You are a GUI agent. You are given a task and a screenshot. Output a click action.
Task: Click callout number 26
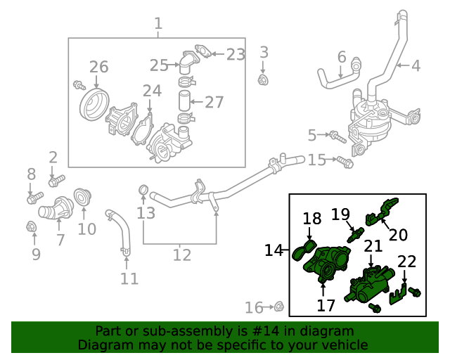tap(98, 67)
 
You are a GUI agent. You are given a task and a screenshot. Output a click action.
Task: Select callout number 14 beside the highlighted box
tap(274, 250)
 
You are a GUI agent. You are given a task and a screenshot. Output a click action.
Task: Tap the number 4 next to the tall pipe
tap(416, 66)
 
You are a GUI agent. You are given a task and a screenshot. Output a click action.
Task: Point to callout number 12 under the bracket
tap(181, 255)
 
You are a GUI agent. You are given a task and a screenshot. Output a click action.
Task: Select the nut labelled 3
tap(264, 79)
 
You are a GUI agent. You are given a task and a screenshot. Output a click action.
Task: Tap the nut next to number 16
tap(278, 306)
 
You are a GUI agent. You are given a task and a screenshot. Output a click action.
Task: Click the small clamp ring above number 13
tap(143, 189)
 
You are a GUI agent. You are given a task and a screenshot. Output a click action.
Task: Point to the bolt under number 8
tap(31, 198)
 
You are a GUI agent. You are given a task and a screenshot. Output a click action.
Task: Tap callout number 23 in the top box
tap(236, 54)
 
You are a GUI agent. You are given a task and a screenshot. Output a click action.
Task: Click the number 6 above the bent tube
tap(342, 57)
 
